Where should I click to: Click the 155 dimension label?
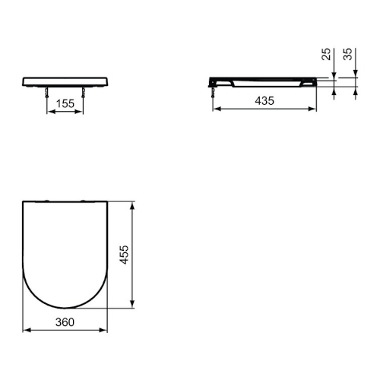65,103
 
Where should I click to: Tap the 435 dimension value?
264,101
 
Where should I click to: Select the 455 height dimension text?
125,255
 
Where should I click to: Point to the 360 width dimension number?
65,322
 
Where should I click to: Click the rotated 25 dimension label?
326,54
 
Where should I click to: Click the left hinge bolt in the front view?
47,93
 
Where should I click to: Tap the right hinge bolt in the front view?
83,93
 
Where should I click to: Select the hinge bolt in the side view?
213,93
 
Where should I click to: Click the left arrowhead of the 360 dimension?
27,330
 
